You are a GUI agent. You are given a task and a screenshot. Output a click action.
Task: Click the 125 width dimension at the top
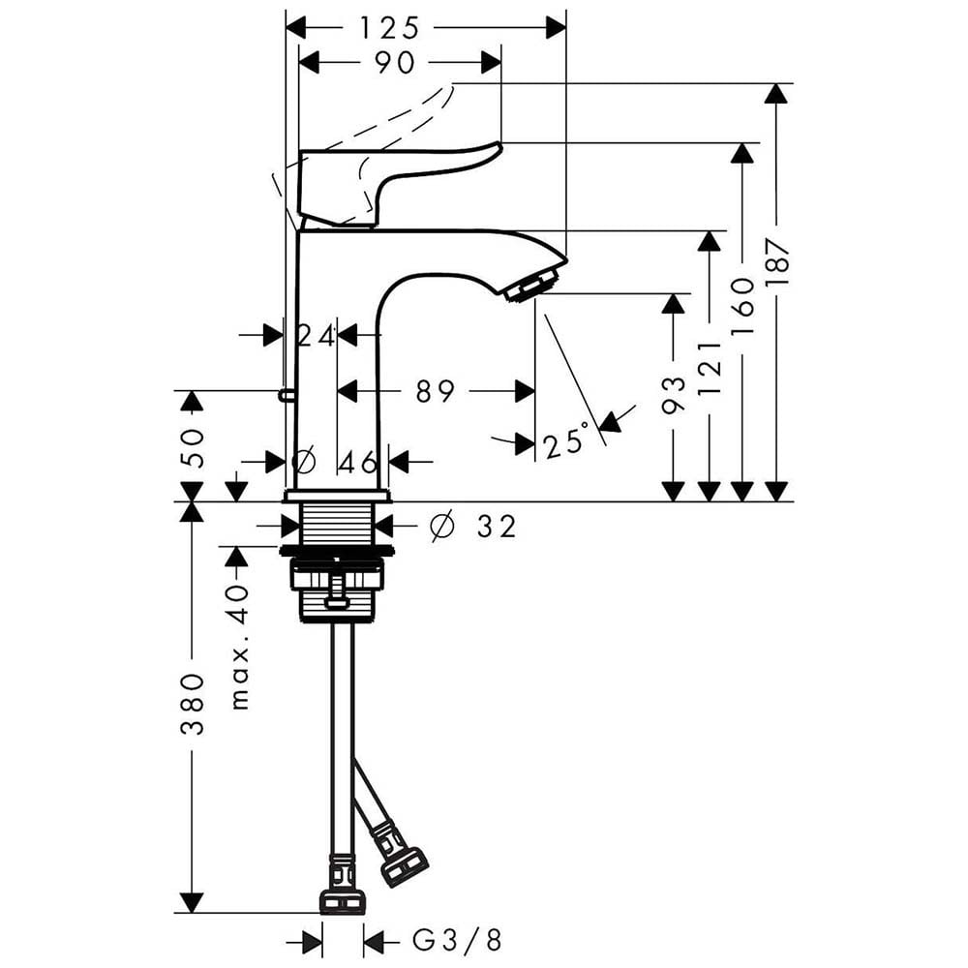(x=389, y=28)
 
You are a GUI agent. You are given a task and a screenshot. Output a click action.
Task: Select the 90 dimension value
(x=395, y=63)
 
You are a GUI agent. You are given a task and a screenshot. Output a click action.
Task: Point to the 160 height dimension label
(x=743, y=306)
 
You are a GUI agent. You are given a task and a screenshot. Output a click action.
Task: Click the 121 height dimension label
(x=710, y=368)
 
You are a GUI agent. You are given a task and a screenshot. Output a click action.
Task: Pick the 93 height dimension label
(x=674, y=395)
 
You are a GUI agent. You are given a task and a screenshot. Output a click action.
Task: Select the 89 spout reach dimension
(x=436, y=391)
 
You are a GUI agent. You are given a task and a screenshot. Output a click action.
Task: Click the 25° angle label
(x=566, y=441)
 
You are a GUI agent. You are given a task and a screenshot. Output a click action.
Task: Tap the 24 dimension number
(x=317, y=337)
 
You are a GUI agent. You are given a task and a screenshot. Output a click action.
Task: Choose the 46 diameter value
(x=359, y=462)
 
